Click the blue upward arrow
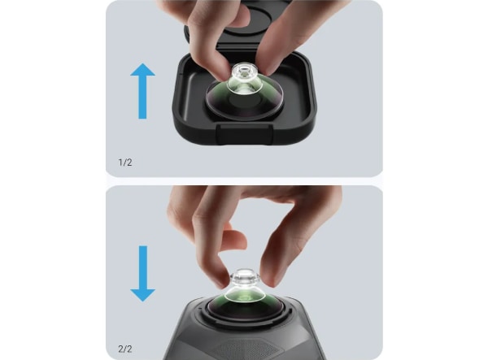pos(142,91)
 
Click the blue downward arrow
pos(142,274)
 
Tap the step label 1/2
pos(125,163)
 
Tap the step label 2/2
pos(125,349)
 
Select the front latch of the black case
pos(244,133)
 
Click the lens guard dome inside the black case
pos(245,98)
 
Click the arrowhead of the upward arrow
pos(142,70)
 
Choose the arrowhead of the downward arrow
pos(142,295)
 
